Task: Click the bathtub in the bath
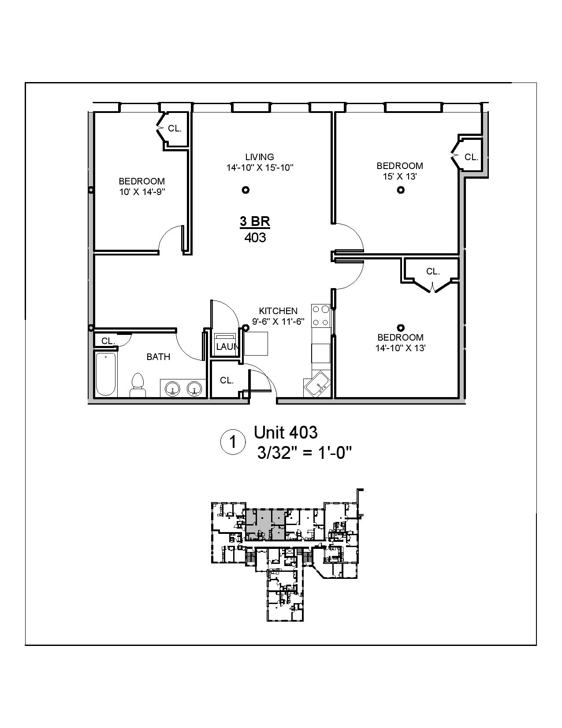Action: pyautogui.click(x=106, y=374)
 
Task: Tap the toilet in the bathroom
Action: pyautogui.click(x=138, y=385)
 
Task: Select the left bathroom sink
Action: pyautogui.click(x=172, y=389)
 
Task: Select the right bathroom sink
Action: pyautogui.click(x=194, y=389)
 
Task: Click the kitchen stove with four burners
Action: pyautogui.click(x=321, y=315)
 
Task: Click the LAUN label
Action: pyautogui.click(x=227, y=347)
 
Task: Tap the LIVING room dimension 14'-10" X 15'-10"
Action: pyautogui.click(x=260, y=168)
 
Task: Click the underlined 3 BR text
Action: pyautogui.click(x=255, y=221)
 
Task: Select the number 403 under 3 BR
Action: pyautogui.click(x=255, y=237)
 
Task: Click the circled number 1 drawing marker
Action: pyautogui.click(x=232, y=442)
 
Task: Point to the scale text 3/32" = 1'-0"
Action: pyautogui.click(x=304, y=452)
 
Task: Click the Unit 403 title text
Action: pyautogui.click(x=285, y=432)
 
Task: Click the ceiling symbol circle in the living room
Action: pyautogui.click(x=246, y=190)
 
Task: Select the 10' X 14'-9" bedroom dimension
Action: pyautogui.click(x=141, y=192)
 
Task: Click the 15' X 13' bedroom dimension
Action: pyautogui.click(x=399, y=176)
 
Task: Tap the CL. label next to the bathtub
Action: pyautogui.click(x=108, y=341)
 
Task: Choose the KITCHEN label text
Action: pyautogui.click(x=278, y=311)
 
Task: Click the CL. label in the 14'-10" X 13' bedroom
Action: pyautogui.click(x=433, y=271)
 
